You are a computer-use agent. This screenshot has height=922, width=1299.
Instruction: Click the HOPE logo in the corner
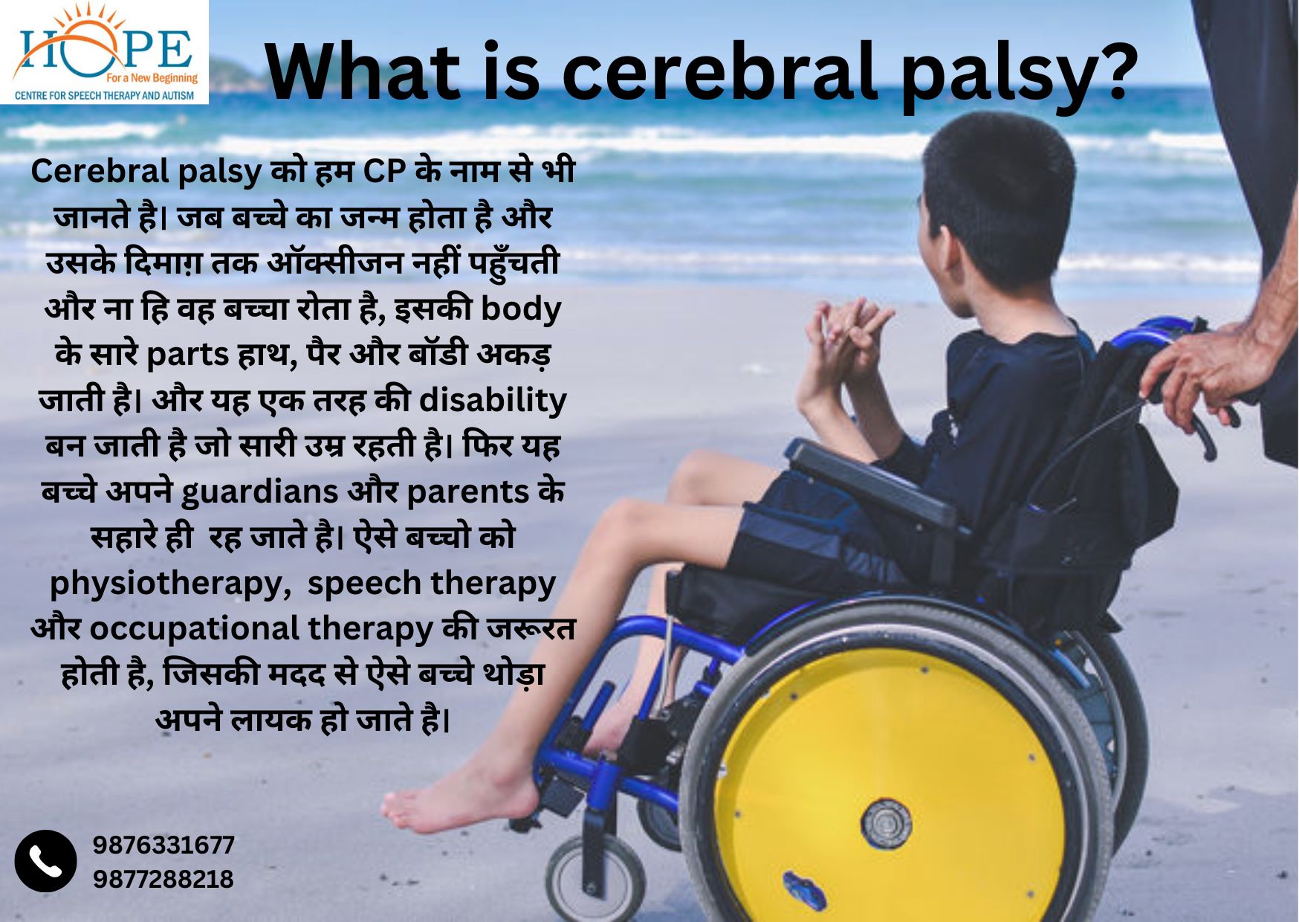104,52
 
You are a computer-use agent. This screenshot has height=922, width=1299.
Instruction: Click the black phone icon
45,861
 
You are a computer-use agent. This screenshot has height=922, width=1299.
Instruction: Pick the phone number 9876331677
163,845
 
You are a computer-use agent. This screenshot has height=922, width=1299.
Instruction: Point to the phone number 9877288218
163,879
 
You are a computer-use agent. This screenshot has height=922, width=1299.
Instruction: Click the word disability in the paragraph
493,399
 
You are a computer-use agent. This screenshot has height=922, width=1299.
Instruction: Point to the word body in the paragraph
520,309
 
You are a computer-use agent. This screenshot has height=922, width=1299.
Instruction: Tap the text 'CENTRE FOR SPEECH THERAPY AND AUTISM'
104,95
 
